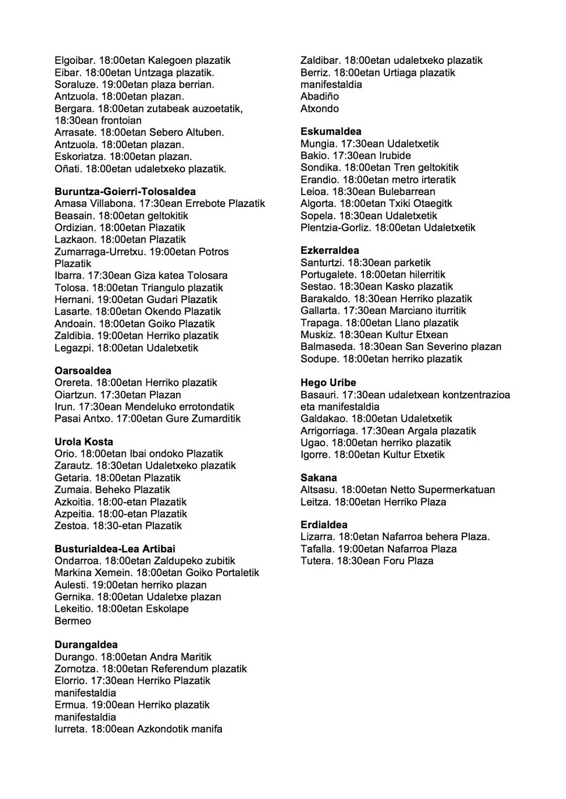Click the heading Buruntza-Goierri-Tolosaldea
tap(125, 192)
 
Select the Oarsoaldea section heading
tap(83, 371)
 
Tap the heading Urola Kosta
tap(84, 442)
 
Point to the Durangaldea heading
tap(86, 645)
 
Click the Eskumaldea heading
tap(331, 132)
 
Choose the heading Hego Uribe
tap(328, 383)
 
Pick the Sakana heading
tap(319, 478)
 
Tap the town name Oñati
tap(67, 169)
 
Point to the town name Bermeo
tap(72, 621)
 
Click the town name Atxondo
tap(320, 109)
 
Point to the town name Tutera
tap(315, 561)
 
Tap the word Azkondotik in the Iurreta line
tap(164, 729)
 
